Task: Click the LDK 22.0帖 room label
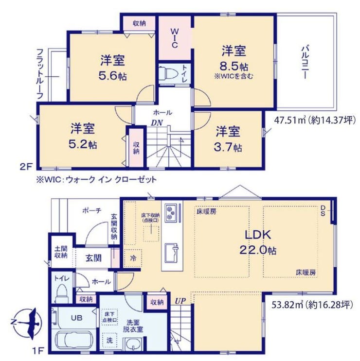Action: coord(258,242)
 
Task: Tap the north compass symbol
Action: coord(26,322)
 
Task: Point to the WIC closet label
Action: coord(175,38)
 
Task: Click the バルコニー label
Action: coord(305,62)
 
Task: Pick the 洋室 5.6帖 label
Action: coord(113,68)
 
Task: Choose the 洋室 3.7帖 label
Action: coord(228,139)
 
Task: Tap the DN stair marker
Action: coord(157,123)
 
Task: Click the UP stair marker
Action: coord(180,301)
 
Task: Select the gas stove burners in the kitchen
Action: coord(171,213)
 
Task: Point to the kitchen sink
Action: coord(171,253)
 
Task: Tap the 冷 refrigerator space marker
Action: coord(133,258)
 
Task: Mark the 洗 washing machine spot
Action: coord(109,340)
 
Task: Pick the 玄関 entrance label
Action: coord(93,258)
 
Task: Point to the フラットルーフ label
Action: coord(40,74)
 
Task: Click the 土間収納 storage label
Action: coord(61,252)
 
